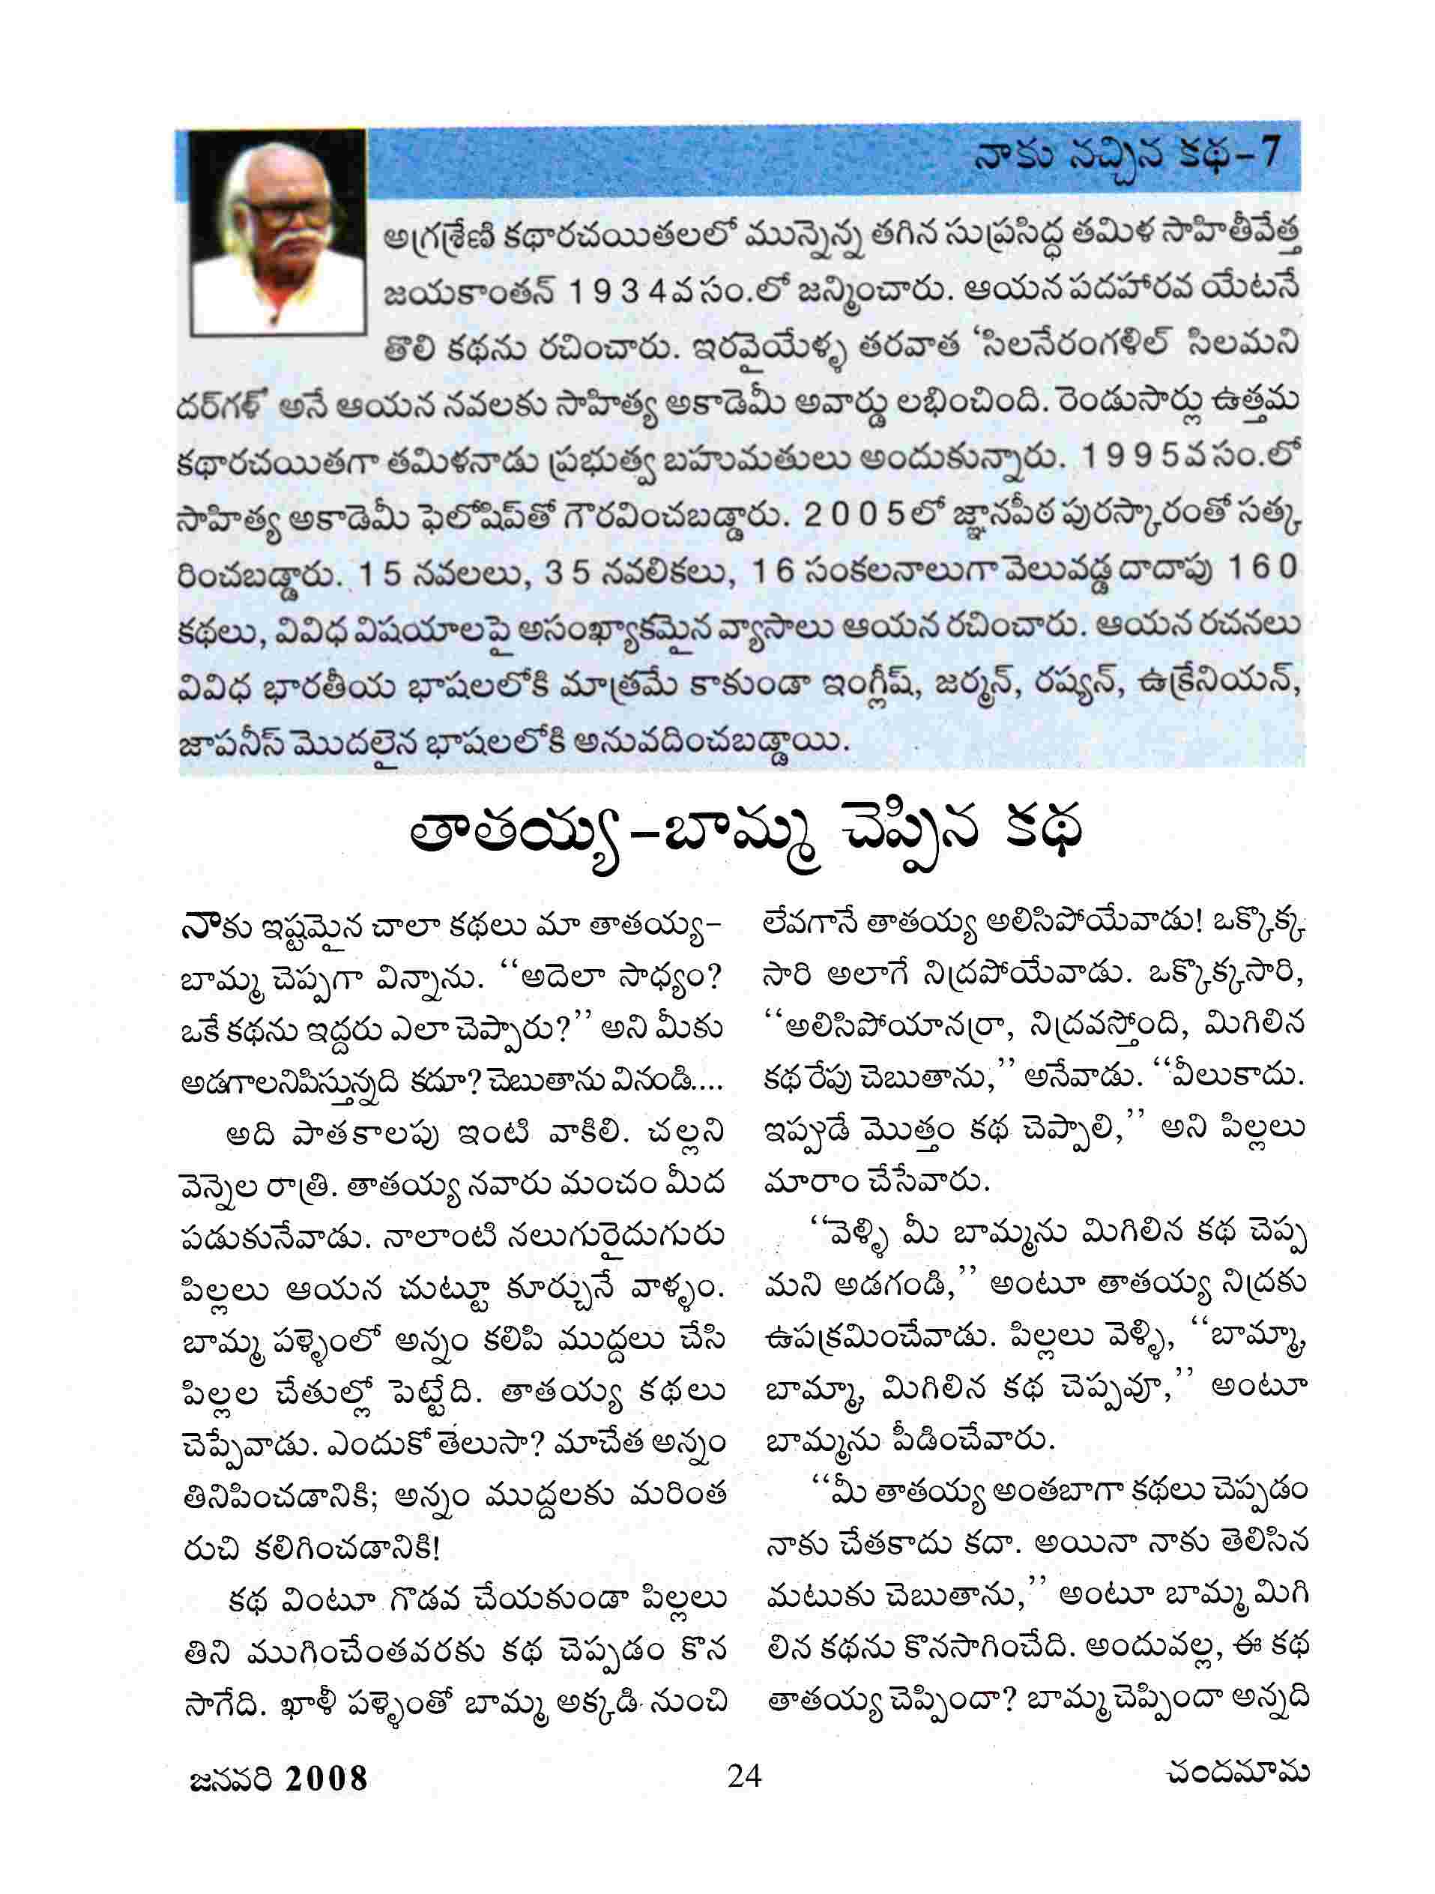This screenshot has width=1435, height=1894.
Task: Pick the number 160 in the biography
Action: (x=1263, y=570)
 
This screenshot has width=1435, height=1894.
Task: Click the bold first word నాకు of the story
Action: (x=205, y=928)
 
